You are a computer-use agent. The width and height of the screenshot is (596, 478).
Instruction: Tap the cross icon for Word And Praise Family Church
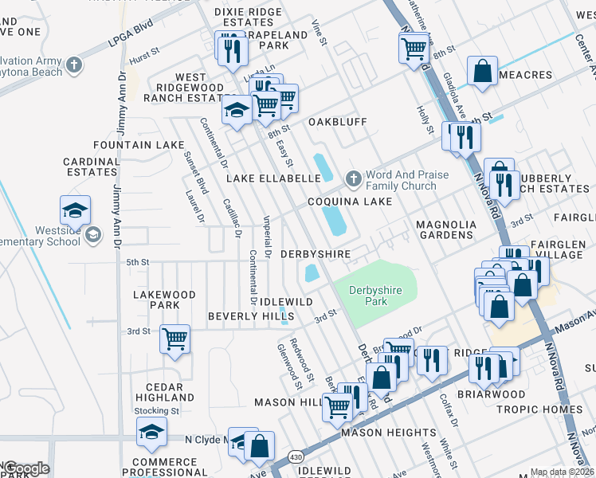point(351,178)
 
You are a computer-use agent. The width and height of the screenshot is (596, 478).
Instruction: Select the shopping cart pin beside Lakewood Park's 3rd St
point(174,339)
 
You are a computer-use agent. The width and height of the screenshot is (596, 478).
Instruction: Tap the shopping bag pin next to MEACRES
point(483,72)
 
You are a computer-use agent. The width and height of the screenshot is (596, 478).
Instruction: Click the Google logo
point(26,468)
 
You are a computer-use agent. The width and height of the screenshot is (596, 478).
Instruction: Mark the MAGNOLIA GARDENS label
point(446,230)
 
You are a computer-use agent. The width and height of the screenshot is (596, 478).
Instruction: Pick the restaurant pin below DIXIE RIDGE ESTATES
point(232,49)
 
